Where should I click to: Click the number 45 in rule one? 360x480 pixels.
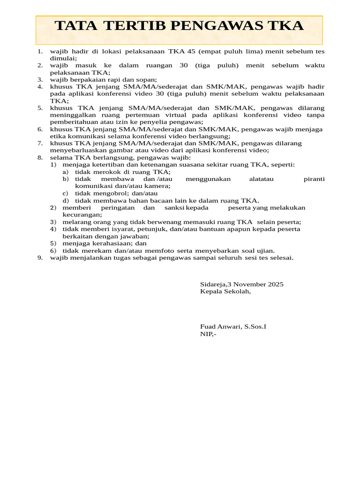191,52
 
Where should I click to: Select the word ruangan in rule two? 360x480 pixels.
159,66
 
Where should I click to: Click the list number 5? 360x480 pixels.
40,108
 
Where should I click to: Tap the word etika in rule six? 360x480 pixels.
58,136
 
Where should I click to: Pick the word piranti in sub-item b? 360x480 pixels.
314,179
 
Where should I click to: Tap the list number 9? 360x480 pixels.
40,258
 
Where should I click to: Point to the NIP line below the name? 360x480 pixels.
208,334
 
